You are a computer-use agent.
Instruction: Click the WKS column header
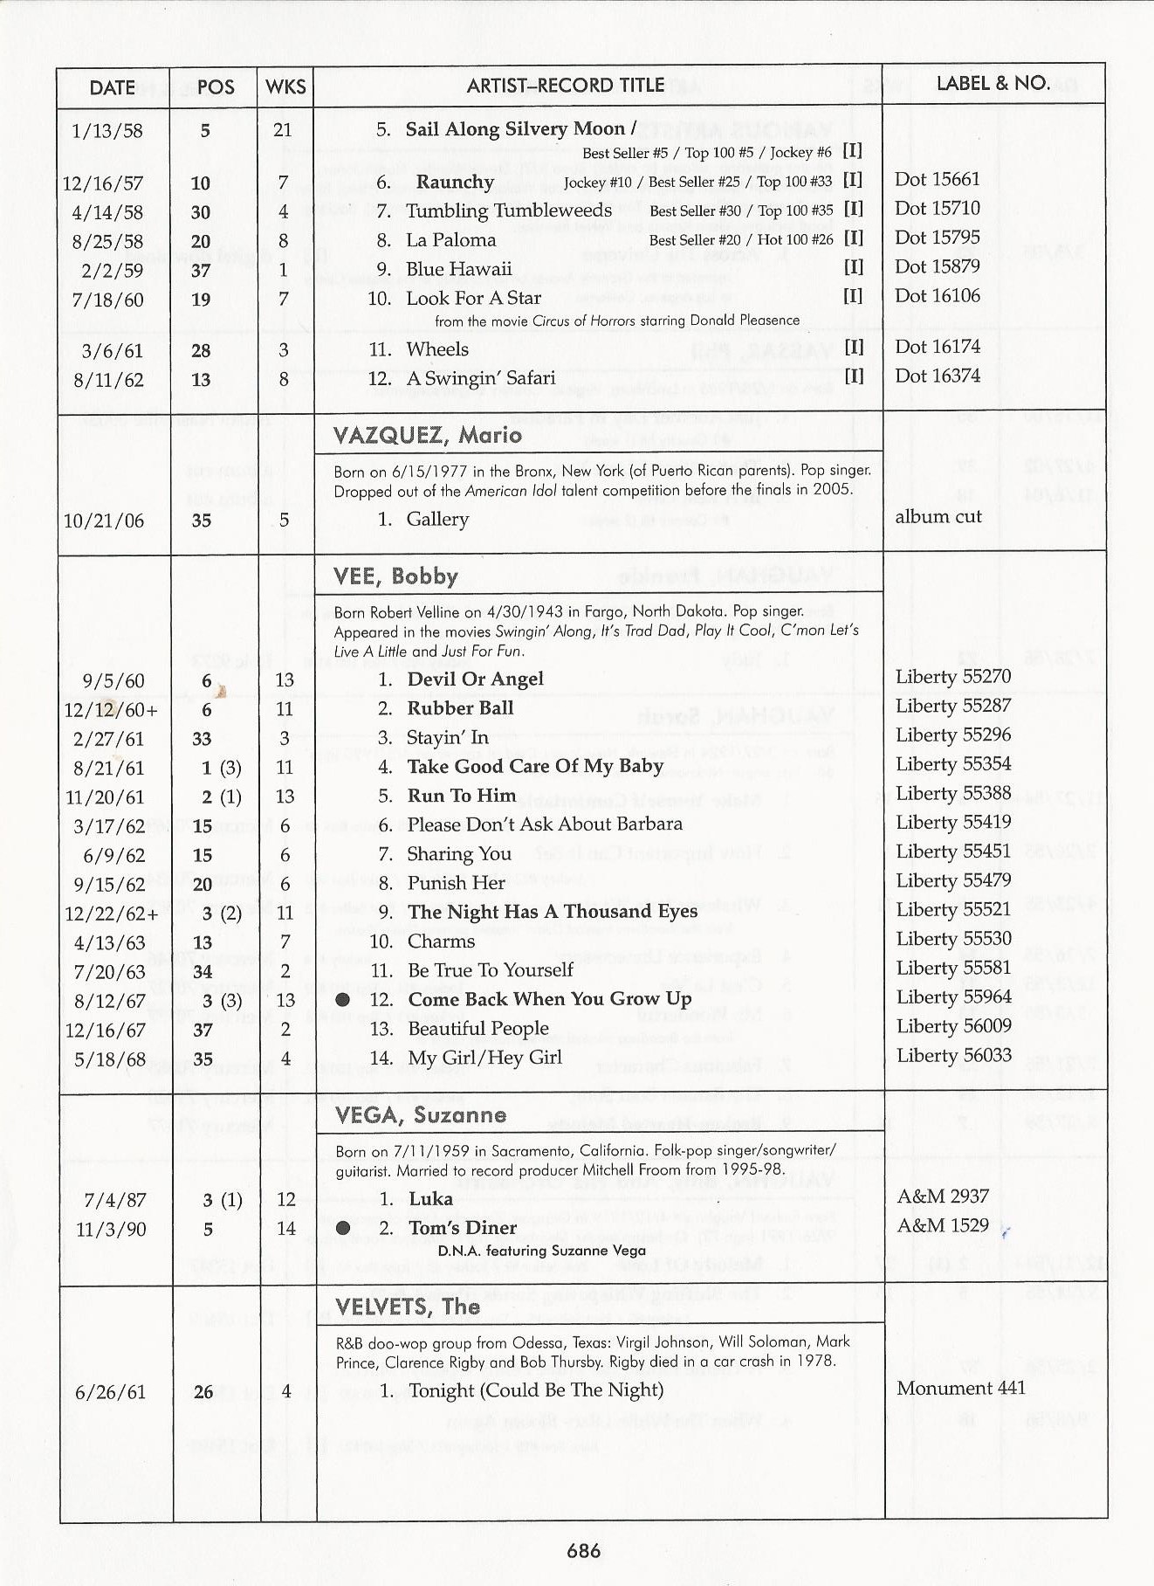point(285,87)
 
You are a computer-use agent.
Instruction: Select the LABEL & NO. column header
point(993,84)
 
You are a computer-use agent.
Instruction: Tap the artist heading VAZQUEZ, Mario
point(427,435)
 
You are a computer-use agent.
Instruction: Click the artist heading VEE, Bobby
point(395,576)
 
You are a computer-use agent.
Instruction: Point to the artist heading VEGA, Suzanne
point(420,1115)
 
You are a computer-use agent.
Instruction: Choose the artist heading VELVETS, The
point(407,1307)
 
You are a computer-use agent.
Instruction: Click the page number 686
point(583,1550)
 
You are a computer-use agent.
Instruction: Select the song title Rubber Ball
point(460,708)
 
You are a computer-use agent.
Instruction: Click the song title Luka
point(430,1199)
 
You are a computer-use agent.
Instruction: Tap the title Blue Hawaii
point(458,269)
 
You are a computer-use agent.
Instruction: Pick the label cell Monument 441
point(960,1388)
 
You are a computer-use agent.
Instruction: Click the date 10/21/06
point(103,521)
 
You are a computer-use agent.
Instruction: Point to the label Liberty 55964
point(953,997)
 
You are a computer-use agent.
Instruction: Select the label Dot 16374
point(937,376)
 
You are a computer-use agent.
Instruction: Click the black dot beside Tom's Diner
point(343,1229)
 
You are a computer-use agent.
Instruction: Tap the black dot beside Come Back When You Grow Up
point(343,999)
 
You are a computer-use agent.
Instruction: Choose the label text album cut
point(938,516)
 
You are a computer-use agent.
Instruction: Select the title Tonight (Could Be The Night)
point(536,1390)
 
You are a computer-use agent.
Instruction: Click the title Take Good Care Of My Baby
point(535,767)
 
